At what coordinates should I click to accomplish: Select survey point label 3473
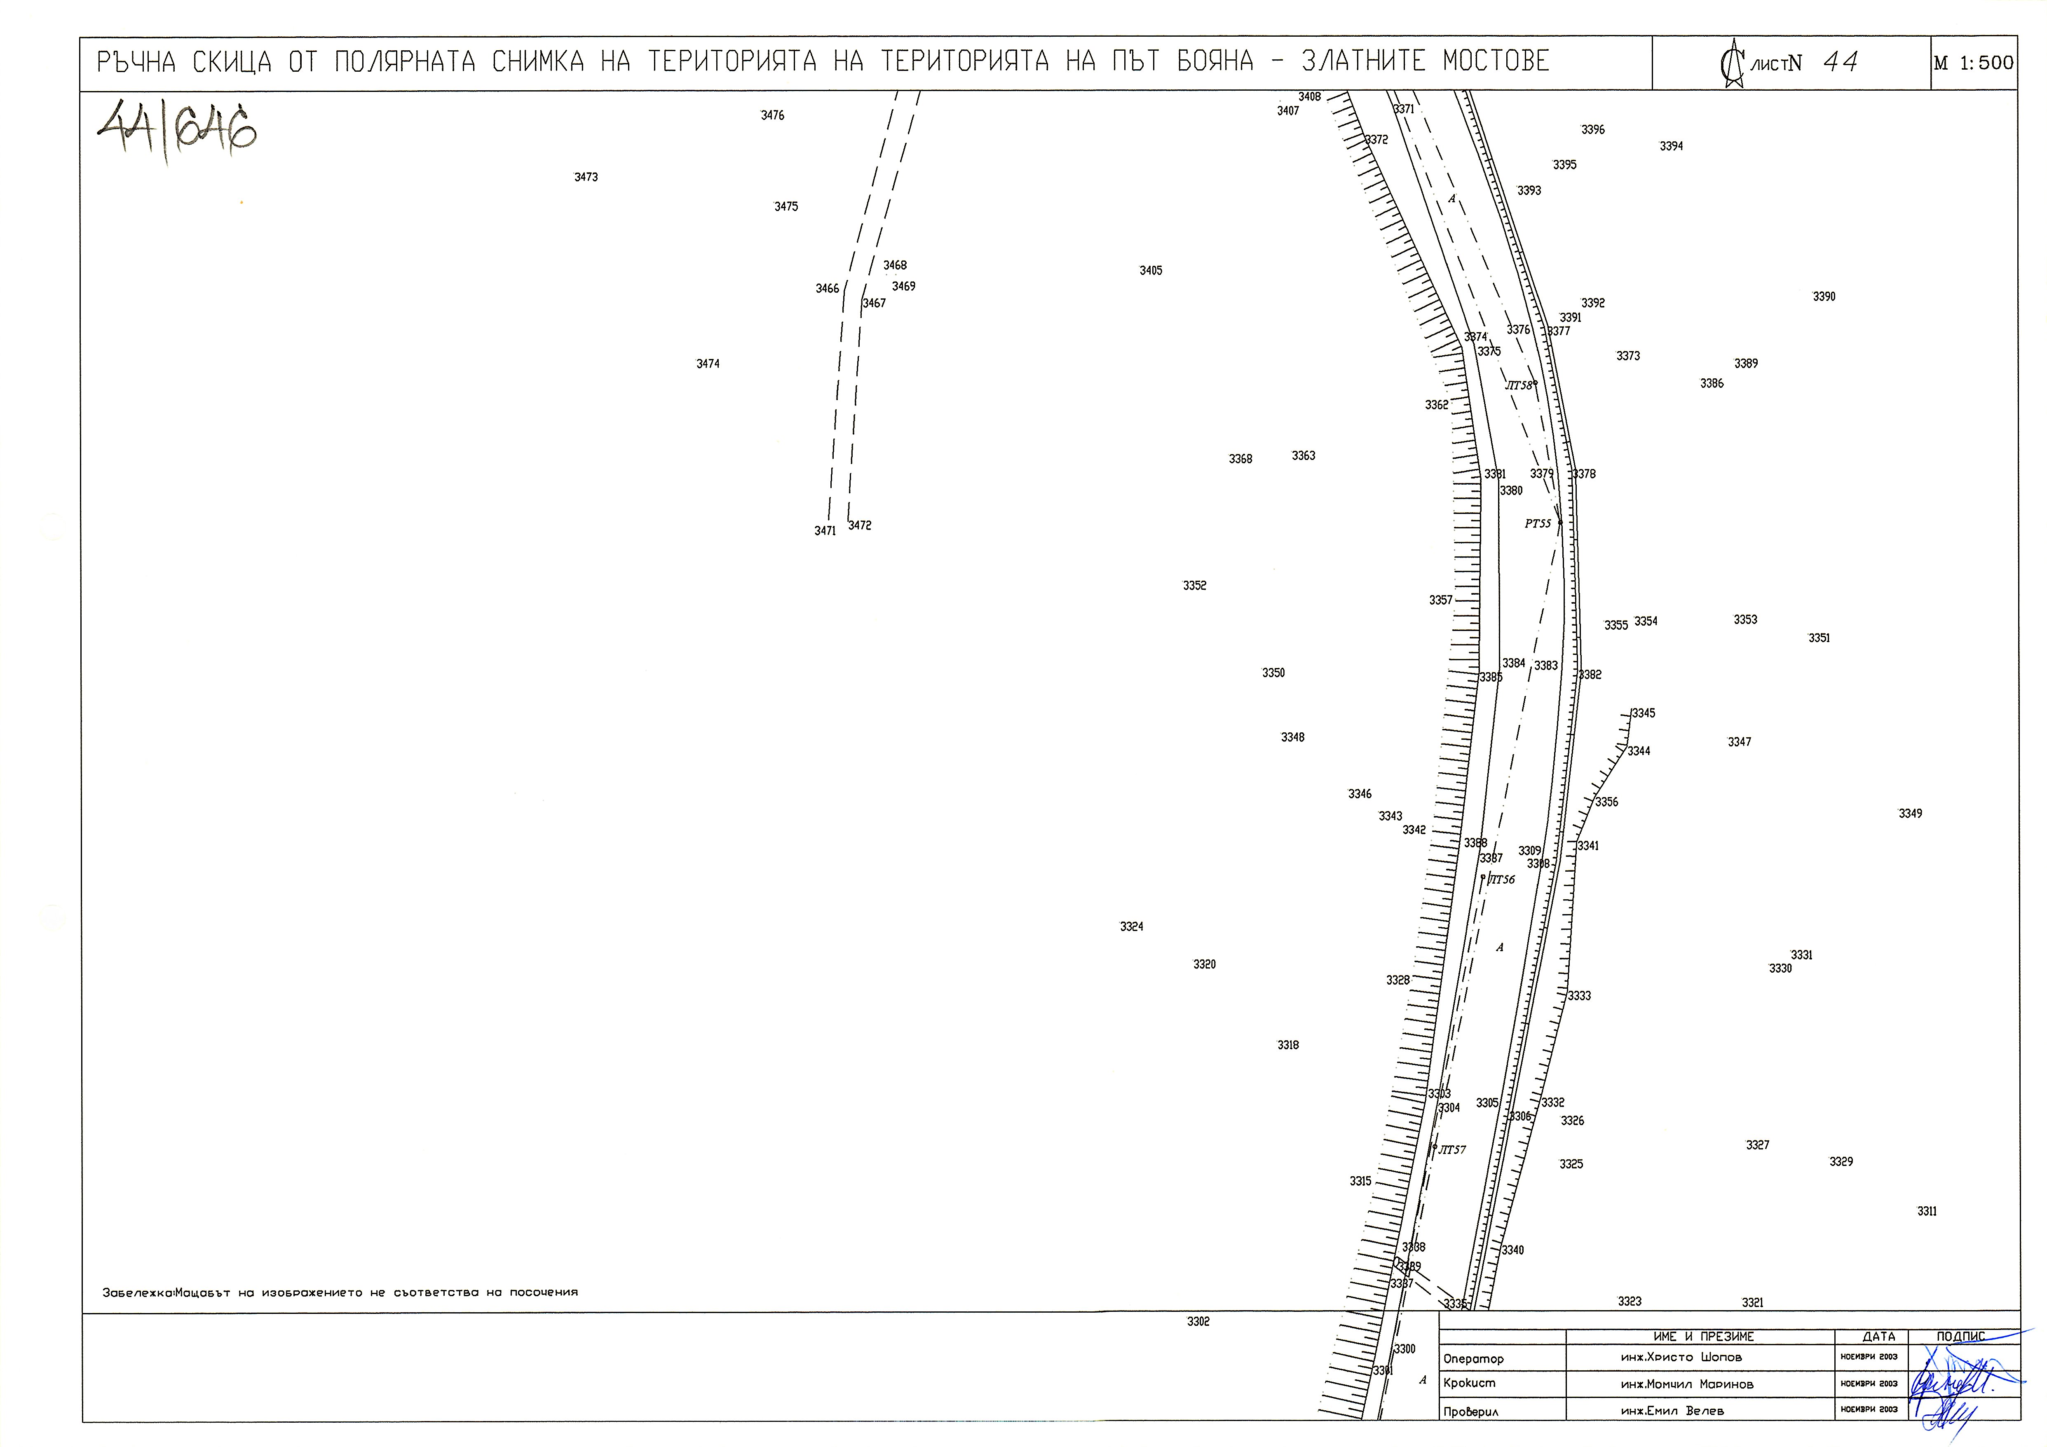586,177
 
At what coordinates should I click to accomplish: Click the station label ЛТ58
1518,386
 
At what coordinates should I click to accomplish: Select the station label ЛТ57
1452,1150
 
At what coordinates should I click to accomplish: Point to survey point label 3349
1910,814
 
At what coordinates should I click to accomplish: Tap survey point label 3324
1131,927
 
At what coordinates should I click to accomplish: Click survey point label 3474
708,364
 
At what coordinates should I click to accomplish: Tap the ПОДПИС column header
1960,1337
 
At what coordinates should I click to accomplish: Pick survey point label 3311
1927,1212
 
